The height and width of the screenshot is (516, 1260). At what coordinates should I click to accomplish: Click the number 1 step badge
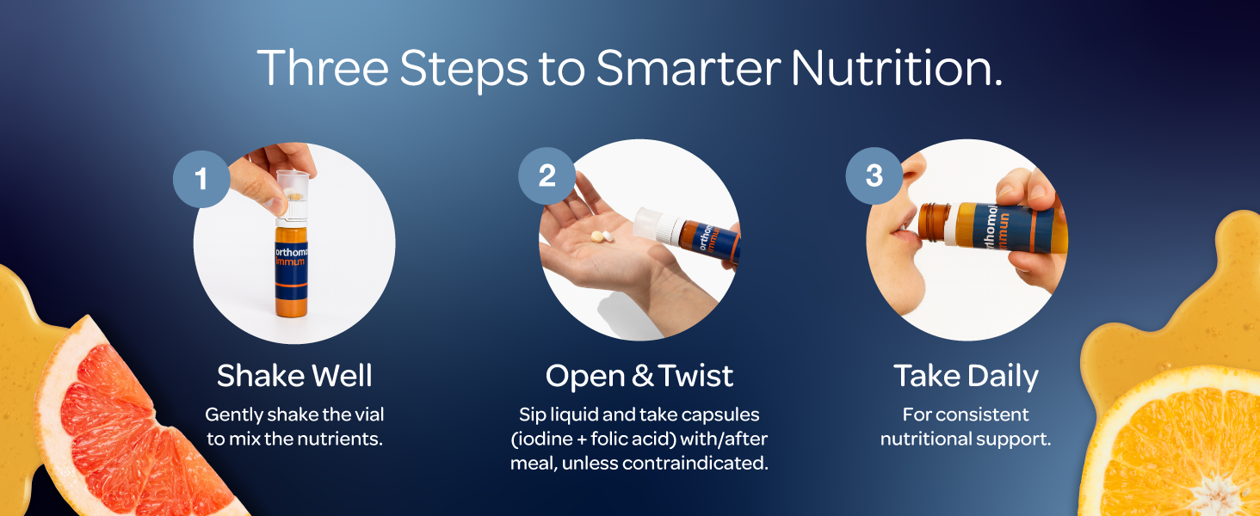point(201,179)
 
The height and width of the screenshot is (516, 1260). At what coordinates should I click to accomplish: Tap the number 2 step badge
point(547,175)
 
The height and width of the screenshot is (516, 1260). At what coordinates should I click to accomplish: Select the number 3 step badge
point(874,175)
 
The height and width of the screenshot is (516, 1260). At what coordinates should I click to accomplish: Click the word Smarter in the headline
point(688,68)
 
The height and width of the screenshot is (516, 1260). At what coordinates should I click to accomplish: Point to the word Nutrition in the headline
point(896,68)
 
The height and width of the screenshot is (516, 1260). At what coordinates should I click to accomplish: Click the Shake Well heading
point(294,375)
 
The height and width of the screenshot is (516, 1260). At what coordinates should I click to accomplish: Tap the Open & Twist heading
point(639,375)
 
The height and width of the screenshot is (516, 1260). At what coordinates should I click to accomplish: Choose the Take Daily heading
point(966,376)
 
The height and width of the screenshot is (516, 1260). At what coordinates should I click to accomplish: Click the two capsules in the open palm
point(602,236)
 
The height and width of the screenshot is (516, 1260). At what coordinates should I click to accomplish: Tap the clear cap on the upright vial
point(293,193)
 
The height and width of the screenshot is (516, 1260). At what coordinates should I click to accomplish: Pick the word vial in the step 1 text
point(371,415)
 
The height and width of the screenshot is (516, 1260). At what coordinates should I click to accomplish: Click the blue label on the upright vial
point(292,271)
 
